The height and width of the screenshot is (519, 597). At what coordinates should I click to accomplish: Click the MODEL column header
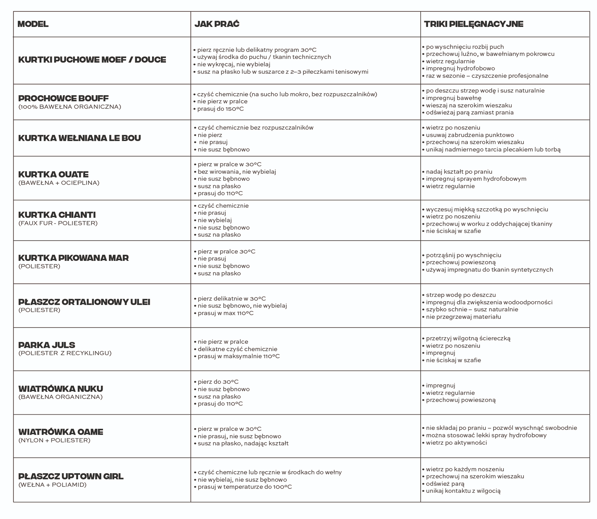point(33,24)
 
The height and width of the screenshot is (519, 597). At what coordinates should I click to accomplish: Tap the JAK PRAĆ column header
point(217,24)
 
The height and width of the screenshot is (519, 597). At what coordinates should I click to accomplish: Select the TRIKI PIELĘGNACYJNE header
point(473,24)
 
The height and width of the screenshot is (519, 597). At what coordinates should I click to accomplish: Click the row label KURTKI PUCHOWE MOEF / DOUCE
point(92,60)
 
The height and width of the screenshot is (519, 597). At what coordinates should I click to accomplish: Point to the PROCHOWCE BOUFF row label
point(63,99)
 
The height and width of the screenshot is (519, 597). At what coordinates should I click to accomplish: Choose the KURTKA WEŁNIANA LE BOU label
point(79,138)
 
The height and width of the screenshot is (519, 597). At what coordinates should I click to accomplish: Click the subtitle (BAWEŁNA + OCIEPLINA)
point(59,183)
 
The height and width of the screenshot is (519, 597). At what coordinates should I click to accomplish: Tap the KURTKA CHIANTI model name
point(57,215)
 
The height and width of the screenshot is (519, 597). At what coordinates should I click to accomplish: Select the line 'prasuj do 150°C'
point(220,109)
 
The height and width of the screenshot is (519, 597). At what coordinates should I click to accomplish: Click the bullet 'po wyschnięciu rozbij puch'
point(465,47)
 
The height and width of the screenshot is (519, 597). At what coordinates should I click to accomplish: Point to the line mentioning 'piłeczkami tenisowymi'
point(282,72)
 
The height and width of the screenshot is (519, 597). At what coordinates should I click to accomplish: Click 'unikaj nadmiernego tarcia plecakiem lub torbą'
point(493,150)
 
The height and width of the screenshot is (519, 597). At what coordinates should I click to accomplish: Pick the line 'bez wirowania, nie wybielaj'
point(237,172)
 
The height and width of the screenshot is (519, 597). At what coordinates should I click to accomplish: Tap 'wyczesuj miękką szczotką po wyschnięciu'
point(487,209)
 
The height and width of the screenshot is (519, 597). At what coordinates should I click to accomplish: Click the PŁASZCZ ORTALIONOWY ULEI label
point(84,302)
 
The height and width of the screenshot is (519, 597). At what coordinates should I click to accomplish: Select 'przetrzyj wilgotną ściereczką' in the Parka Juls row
point(468,338)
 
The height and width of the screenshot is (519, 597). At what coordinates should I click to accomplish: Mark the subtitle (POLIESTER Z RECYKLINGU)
point(65,353)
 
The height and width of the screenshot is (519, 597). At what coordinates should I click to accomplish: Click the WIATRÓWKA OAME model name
point(61,432)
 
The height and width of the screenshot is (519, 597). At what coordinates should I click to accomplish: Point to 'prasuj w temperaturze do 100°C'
point(245,487)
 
